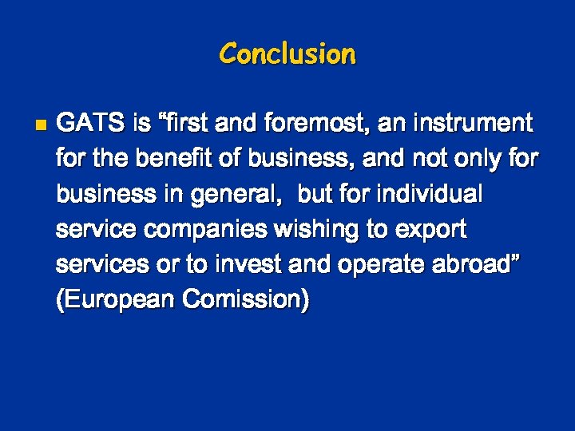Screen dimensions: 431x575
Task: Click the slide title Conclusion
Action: pyautogui.click(x=287, y=54)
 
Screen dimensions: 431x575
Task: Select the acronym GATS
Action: pyautogui.click(x=91, y=124)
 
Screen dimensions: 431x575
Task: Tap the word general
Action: pyautogui.click(x=244, y=195)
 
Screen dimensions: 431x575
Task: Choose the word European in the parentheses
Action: pyautogui.click(x=115, y=301)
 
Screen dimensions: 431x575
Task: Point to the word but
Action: pyautogui.click(x=315, y=195)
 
